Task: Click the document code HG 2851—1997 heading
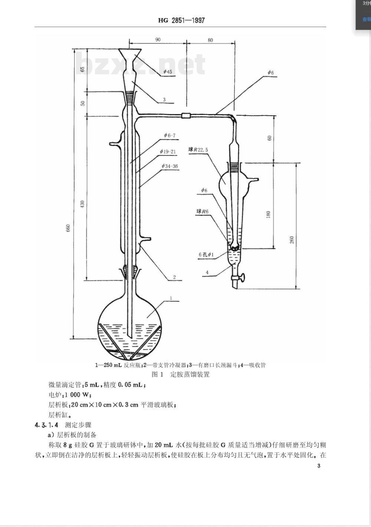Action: (x=181, y=20)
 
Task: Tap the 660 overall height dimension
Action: (x=68, y=228)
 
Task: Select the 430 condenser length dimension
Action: (x=82, y=204)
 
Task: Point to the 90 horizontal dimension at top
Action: (x=158, y=39)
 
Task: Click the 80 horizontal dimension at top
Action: (x=210, y=40)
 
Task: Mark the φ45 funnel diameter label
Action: (x=168, y=71)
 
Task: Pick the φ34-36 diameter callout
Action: (x=170, y=166)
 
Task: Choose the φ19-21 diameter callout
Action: (x=168, y=152)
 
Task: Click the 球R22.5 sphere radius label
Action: (x=198, y=150)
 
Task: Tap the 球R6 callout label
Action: (x=202, y=211)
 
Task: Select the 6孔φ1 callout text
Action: (x=206, y=255)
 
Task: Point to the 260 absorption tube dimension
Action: (x=292, y=240)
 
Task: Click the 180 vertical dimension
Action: (x=268, y=214)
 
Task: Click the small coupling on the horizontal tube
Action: (x=186, y=116)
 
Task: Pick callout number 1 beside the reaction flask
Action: (x=171, y=298)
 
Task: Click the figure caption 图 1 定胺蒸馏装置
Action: (x=181, y=374)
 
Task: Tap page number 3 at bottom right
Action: (x=319, y=466)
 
